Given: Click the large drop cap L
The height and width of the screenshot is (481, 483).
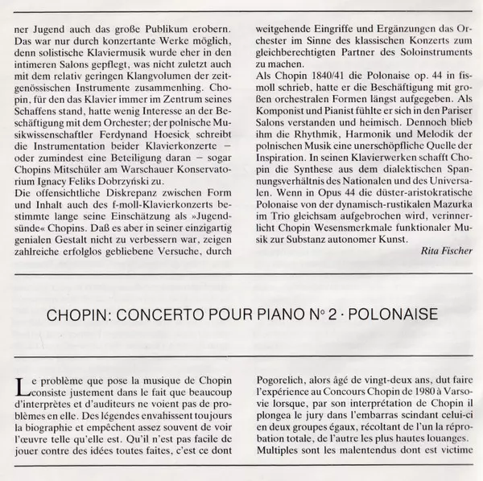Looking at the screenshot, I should click(21, 384).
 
